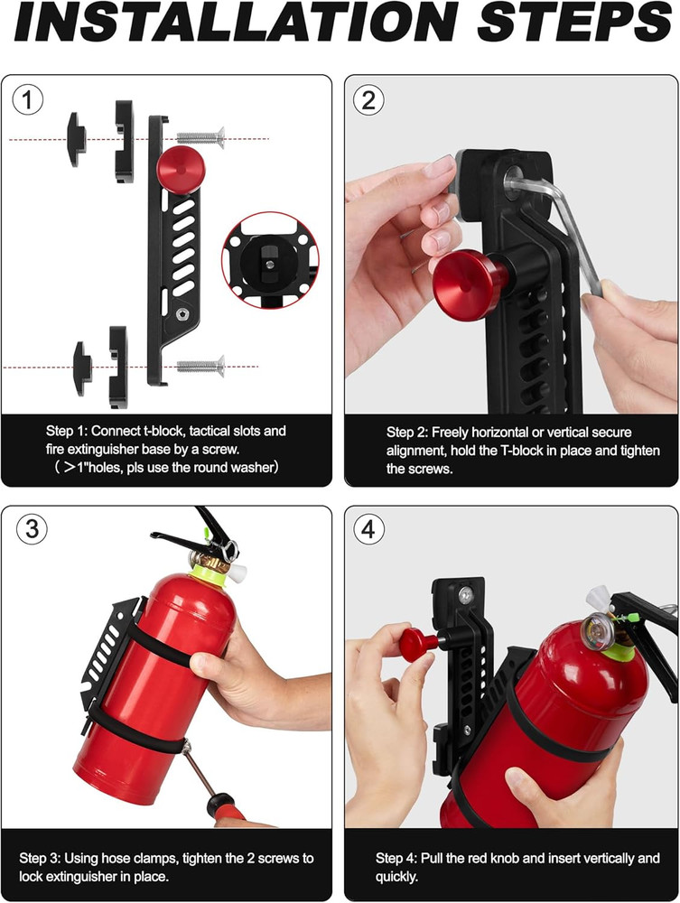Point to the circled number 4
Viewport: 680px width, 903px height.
coord(368,529)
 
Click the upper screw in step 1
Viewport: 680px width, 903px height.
coord(200,137)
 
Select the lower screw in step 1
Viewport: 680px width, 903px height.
coord(200,366)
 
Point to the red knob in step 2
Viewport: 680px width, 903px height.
coord(465,285)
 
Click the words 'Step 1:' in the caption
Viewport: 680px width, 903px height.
coord(69,432)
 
